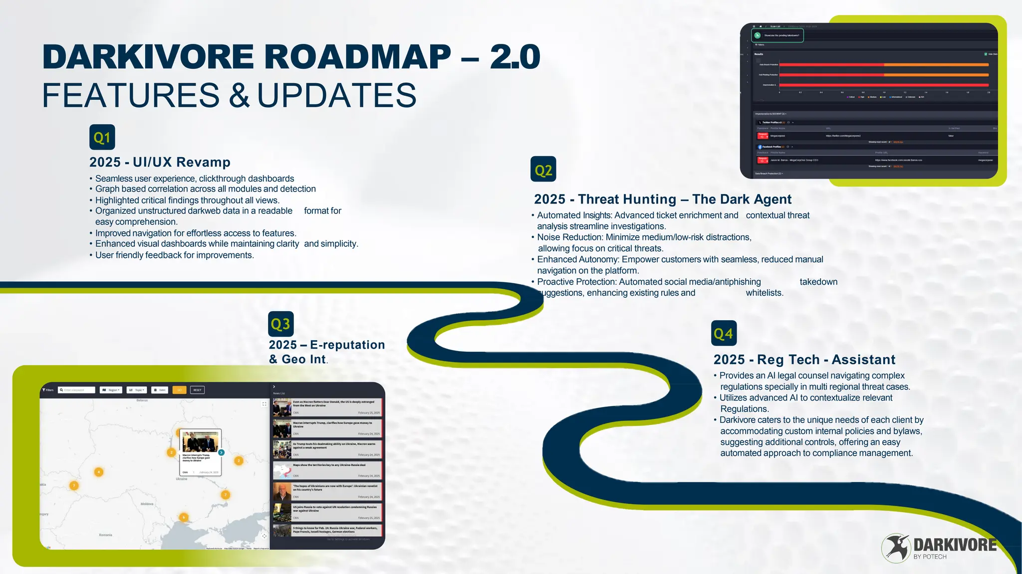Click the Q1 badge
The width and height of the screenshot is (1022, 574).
102,137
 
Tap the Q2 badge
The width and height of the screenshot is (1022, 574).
543,170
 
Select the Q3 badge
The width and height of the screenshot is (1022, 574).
280,324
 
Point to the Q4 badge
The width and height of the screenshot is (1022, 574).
724,333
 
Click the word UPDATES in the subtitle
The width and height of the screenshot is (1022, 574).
336,95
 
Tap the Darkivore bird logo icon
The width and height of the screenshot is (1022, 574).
896,548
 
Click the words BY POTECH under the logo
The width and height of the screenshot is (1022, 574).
930,557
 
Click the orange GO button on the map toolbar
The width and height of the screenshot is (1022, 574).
179,390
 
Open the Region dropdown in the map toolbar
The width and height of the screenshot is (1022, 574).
111,390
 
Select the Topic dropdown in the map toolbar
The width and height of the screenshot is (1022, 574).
137,390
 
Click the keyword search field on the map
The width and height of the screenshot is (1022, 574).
77,390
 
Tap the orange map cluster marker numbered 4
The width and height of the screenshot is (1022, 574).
99,472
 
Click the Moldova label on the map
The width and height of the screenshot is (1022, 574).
147,504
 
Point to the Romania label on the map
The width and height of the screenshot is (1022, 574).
105,535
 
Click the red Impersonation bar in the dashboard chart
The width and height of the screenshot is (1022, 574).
884,85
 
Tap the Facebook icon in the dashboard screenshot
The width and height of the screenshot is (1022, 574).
760,147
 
